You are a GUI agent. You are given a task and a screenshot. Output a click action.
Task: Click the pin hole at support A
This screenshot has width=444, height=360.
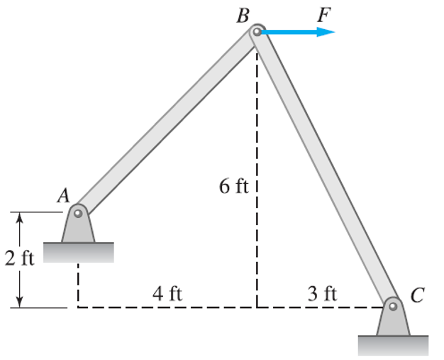tap(78, 212)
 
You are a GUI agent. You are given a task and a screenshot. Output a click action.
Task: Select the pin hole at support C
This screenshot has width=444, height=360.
tap(393, 307)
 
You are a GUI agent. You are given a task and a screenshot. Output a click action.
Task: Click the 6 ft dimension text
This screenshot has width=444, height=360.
tap(233, 187)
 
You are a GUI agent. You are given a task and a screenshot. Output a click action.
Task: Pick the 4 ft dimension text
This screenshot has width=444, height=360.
tap(167, 294)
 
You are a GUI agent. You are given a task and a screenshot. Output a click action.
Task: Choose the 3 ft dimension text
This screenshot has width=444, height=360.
tap(322, 294)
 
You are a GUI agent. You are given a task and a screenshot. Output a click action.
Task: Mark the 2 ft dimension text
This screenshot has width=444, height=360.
tap(19, 258)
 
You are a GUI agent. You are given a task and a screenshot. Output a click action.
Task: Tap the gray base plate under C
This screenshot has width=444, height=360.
tap(393, 345)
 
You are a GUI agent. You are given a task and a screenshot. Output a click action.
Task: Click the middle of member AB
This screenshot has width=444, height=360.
tap(167, 121)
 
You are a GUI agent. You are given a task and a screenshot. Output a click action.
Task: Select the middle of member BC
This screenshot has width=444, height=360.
tap(325, 169)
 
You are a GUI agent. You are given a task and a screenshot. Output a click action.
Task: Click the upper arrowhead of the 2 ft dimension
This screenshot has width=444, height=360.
tap(21, 217)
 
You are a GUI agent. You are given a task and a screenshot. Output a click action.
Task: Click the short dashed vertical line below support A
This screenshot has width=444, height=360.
tap(77, 284)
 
